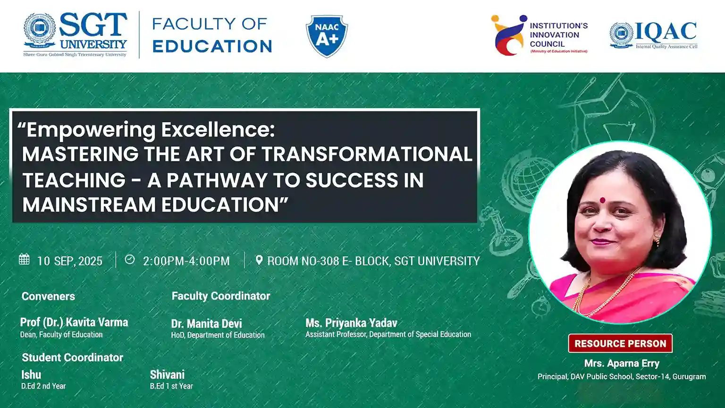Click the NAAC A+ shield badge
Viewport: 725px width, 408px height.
point(327,36)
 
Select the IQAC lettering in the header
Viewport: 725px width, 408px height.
point(666,32)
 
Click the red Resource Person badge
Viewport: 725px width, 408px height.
point(620,343)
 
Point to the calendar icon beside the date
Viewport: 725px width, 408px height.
point(24,259)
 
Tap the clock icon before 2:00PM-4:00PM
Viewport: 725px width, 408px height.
point(130,259)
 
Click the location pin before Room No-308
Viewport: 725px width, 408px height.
point(259,260)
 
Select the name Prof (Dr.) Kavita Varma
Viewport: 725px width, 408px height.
point(74,322)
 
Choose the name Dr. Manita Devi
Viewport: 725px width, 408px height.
point(206,323)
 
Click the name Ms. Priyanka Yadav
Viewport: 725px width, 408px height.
point(351,323)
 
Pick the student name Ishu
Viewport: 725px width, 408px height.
point(31,374)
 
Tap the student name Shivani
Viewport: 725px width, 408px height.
point(167,374)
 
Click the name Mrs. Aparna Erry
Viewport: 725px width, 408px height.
point(622,363)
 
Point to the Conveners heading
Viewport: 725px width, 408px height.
point(48,296)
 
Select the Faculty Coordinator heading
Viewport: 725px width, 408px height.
point(220,296)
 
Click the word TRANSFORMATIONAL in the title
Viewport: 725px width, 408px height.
point(367,154)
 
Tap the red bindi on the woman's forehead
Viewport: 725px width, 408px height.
point(602,200)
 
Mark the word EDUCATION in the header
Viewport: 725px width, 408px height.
point(212,46)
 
